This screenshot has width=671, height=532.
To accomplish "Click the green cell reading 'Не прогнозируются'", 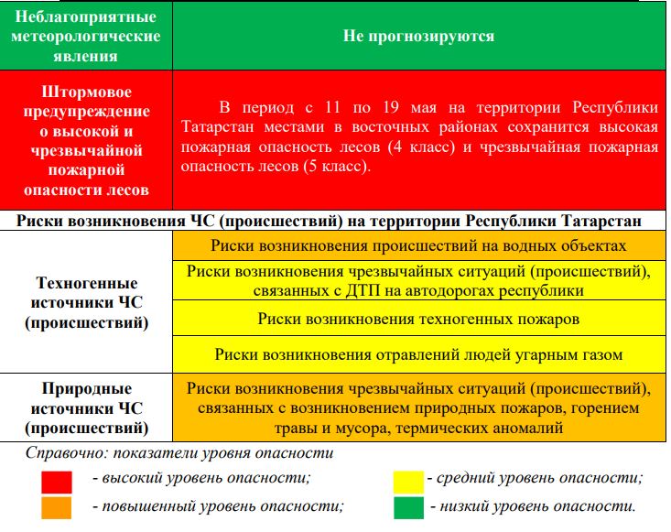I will [x=418, y=37].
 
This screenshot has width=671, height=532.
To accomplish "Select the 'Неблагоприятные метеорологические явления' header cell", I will [x=87, y=37].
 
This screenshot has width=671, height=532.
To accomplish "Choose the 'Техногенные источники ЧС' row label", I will [x=87, y=302].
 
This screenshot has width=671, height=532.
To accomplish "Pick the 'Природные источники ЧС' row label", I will [x=87, y=408].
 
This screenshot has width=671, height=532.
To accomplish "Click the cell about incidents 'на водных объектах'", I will [x=418, y=245].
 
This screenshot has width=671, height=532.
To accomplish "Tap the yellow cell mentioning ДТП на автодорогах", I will [x=418, y=281].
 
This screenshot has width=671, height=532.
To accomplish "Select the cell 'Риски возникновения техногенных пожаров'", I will [x=418, y=319].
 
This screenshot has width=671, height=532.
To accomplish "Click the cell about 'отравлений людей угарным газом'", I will [x=418, y=354].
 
